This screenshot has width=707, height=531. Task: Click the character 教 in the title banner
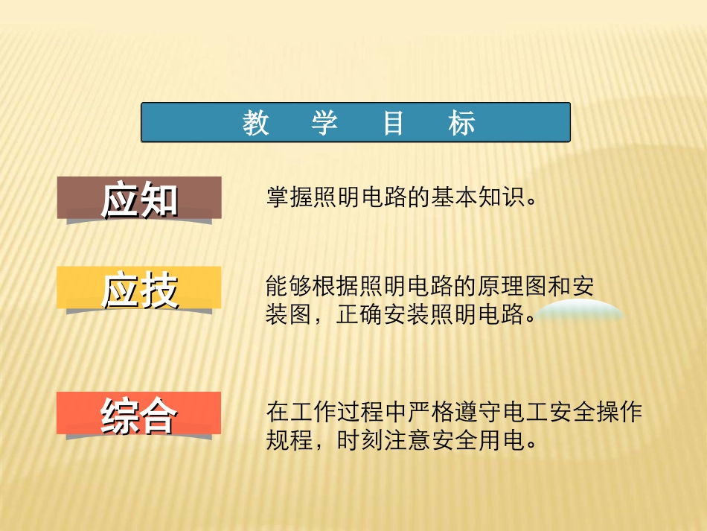click(255, 124)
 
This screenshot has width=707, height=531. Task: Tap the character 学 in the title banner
click(324, 124)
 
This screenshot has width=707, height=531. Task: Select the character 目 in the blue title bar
click(393, 124)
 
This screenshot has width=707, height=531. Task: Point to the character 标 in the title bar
click(461, 124)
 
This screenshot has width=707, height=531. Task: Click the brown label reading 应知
click(140, 198)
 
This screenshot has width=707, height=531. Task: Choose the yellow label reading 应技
click(140, 288)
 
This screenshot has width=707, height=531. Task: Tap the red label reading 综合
click(139, 414)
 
